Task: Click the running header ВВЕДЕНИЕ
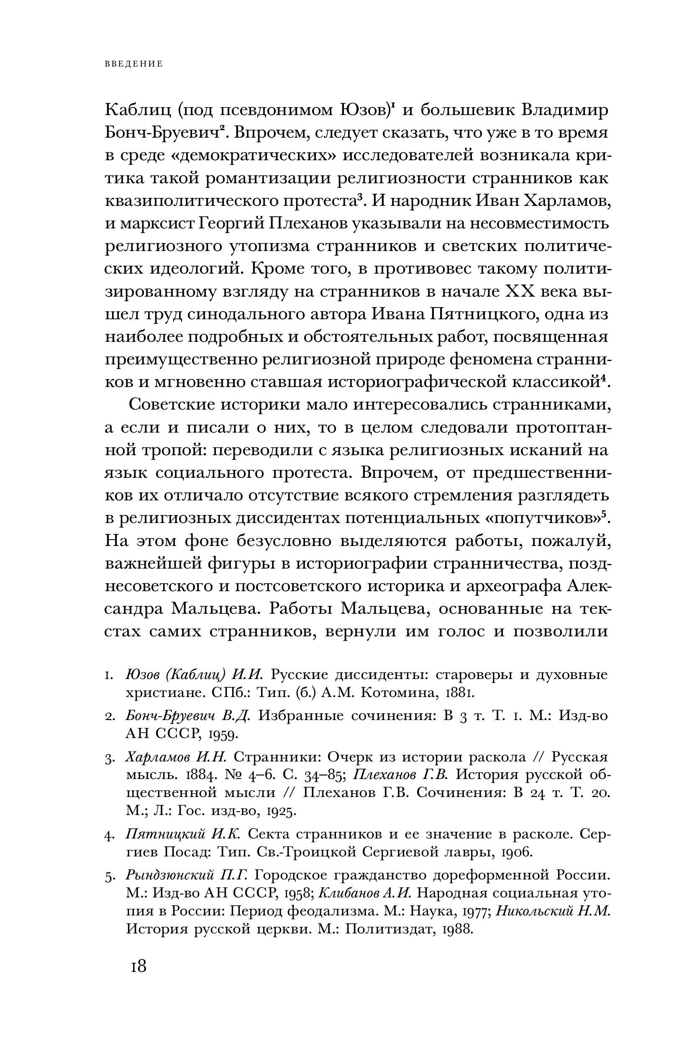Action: pos(134,64)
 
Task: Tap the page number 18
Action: pos(138,966)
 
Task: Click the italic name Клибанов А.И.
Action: pos(365,893)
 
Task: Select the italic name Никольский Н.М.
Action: pos(554,911)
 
